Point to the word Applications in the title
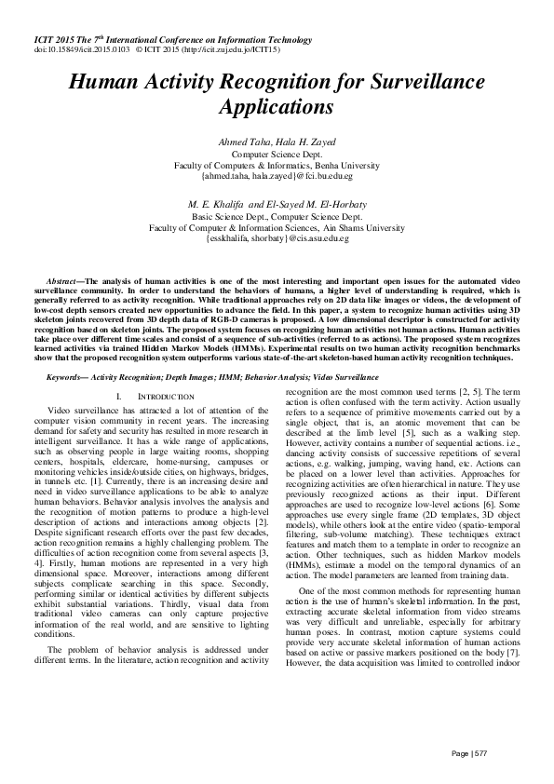pyautogui.click(x=277, y=107)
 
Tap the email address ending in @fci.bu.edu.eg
pyautogui.click(x=277, y=174)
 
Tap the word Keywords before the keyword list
pyautogui.click(x=68, y=377)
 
